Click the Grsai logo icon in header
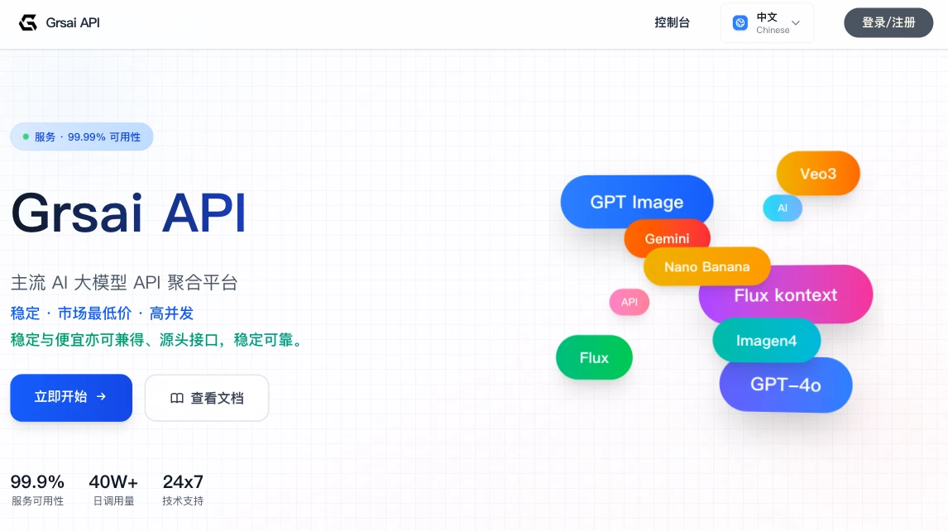point(28,22)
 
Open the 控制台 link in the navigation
point(672,22)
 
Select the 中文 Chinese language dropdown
point(767,23)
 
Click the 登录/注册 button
point(888,22)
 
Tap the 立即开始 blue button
point(71,397)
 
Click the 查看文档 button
point(207,398)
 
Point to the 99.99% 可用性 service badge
point(82,136)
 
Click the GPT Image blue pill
point(636,201)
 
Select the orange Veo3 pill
point(818,173)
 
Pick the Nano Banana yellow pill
point(706,266)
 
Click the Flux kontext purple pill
point(785,294)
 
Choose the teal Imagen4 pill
point(766,341)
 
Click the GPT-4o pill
point(785,384)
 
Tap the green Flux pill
point(594,357)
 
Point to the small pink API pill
point(630,302)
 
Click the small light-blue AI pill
point(783,208)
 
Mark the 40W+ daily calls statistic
point(113,489)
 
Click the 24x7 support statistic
point(183,489)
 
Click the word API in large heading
point(204,213)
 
